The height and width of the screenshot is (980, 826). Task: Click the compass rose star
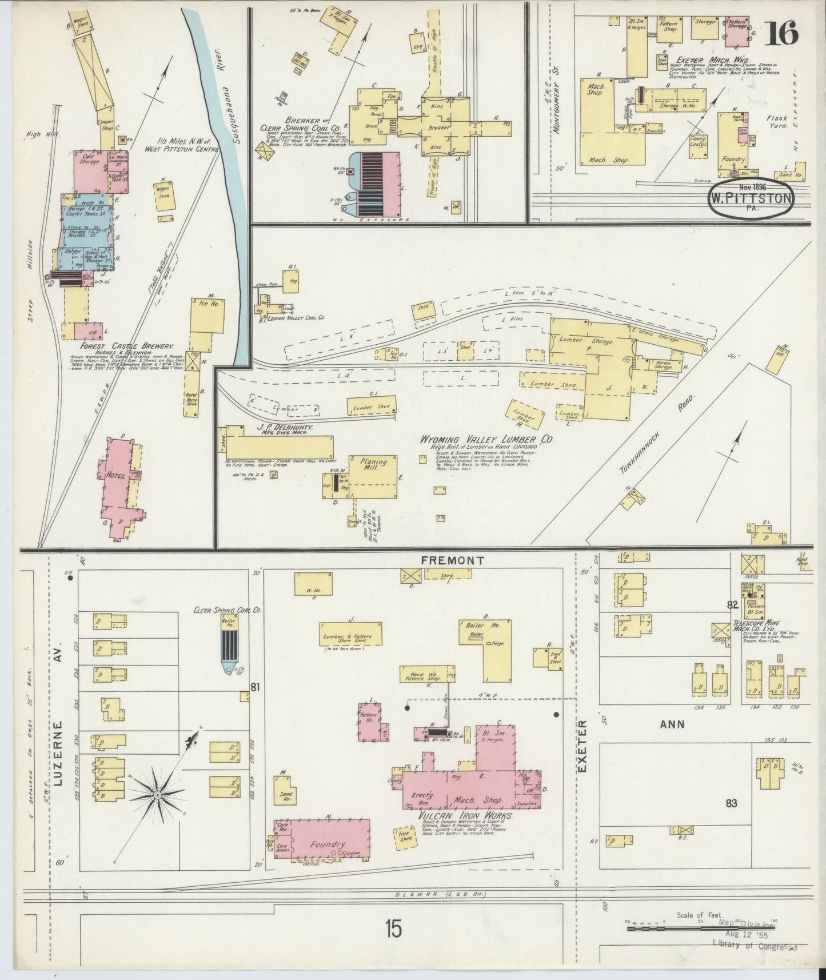click(x=157, y=795)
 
